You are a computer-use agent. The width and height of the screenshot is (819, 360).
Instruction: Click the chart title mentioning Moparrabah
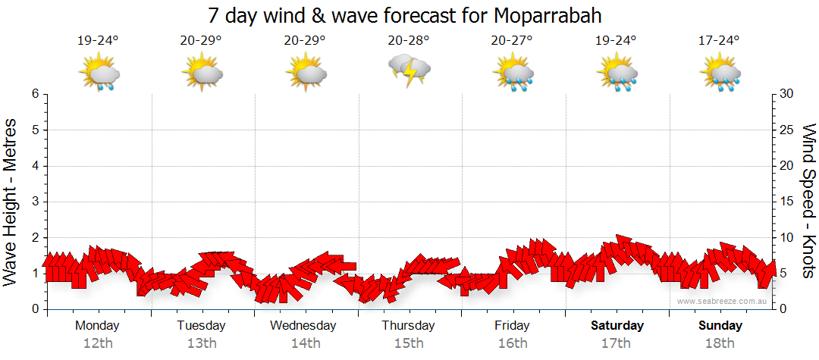pyautogui.click(x=409, y=16)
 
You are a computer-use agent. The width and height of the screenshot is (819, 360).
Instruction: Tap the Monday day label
pyautogui.click(x=97, y=326)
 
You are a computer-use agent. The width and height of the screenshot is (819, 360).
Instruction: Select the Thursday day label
pyautogui.click(x=408, y=326)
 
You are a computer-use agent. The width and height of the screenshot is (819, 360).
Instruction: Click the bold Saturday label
pyautogui.click(x=617, y=326)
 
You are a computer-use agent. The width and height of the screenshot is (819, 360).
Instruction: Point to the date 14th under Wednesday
pyautogui.click(x=305, y=343)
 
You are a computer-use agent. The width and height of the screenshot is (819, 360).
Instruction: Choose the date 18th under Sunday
pyautogui.click(x=720, y=343)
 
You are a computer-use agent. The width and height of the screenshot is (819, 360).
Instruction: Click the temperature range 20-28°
pyautogui.click(x=409, y=41)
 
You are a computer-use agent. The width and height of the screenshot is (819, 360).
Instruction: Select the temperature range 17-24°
pyautogui.click(x=720, y=41)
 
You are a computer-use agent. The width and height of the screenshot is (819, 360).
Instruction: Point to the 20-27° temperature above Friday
pyautogui.click(x=513, y=41)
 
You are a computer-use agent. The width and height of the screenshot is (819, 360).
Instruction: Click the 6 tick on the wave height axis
pyautogui.click(x=35, y=94)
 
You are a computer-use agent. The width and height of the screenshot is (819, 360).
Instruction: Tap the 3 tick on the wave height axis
pyautogui.click(x=35, y=202)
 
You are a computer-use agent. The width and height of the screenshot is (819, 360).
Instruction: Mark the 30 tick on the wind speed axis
pyautogui.click(x=787, y=94)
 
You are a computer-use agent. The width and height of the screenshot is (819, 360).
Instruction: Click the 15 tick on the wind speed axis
pyautogui.click(x=787, y=202)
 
